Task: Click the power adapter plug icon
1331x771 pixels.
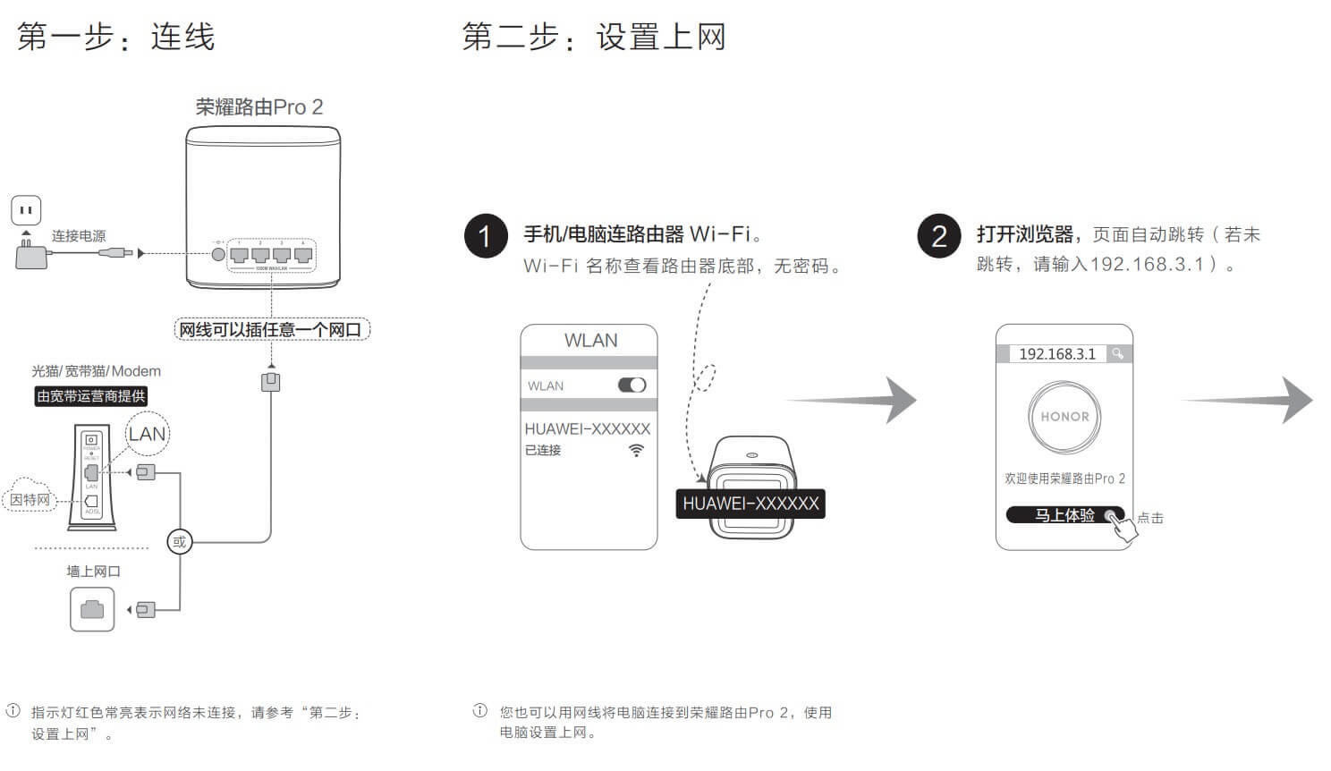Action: click(x=30, y=254)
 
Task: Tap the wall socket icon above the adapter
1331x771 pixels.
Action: click(x=26, y=211)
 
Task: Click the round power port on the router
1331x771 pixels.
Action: click(x=218, y=254)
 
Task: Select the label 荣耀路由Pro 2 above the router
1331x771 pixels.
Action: click(x=259, y=107)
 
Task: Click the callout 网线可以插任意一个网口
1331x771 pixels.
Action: click(x=271, y=330)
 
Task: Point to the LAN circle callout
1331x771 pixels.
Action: click(x=147, y=435)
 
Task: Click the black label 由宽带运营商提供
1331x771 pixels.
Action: click(x=90, y=396)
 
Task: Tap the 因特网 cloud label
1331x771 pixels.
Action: click(x=30, y=499)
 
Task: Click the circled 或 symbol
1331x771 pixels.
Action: click(x=180, y=541)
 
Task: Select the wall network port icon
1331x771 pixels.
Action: click(x=92, y=609)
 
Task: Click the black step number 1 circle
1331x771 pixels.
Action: click(x=486, y=236)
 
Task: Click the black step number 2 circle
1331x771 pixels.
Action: click(x=939, y=236)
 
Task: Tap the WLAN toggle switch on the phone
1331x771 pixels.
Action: click(x=632, y=385)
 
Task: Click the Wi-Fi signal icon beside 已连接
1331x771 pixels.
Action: click(x=636, y=450)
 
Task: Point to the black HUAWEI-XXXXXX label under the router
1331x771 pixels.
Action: click(x=750, y=504)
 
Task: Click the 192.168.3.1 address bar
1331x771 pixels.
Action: click(x=1056, y=354)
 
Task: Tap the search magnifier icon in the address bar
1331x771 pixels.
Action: click(x=1117, y=354)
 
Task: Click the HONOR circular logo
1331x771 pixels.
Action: click(x=1064, y=417)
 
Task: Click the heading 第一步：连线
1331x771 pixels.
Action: click(x=116, y=38)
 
